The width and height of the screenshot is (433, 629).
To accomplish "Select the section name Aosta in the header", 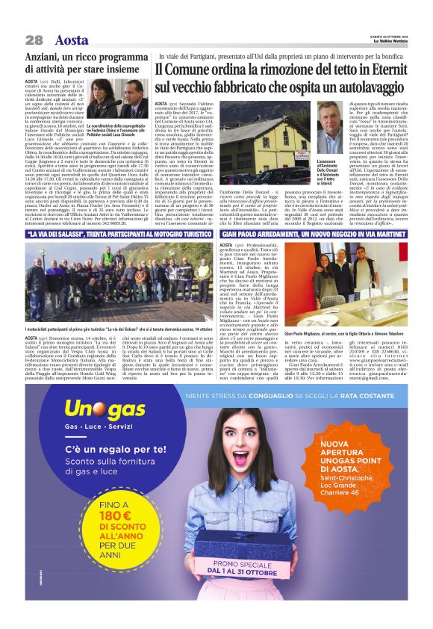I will [71, 40].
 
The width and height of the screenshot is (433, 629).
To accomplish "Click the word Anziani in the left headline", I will [47, 58].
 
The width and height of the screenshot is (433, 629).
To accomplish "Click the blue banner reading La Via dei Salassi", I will [119, 235].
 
